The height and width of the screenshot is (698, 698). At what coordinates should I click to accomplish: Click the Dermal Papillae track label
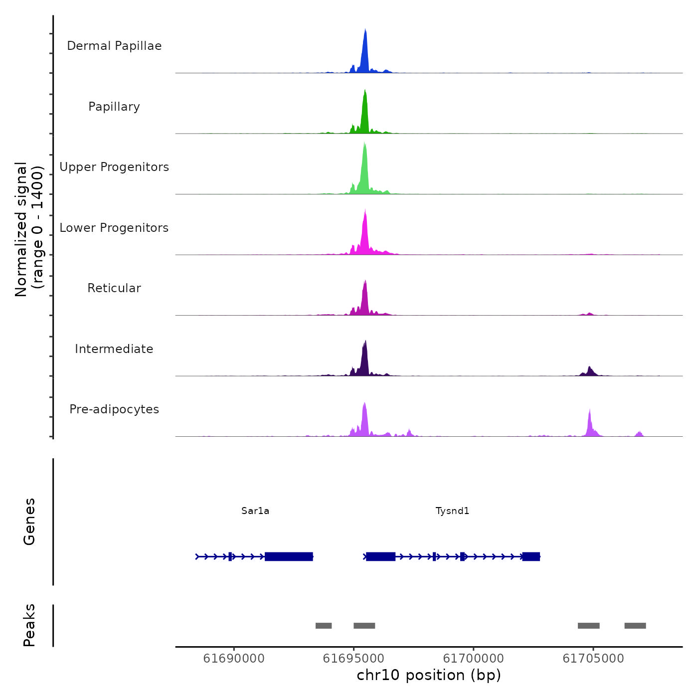point(114,46)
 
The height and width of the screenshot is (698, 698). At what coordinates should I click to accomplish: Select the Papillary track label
point(114,107)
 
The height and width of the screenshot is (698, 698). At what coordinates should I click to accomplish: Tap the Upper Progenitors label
point(114,167)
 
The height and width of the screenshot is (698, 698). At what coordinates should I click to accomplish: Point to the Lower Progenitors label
point(114,228)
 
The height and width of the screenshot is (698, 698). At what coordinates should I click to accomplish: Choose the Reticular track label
point(114,288)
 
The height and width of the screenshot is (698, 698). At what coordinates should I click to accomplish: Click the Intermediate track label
point(114,349)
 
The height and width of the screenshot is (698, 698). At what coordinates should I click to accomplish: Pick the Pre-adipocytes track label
point(114,409)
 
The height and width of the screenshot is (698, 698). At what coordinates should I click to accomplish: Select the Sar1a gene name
point(255,511)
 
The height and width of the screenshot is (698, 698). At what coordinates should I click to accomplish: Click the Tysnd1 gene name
point(452,511)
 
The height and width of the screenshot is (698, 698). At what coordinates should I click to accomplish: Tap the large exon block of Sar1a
point(289,556)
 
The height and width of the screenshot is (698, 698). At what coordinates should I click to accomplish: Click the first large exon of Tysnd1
point(380,556)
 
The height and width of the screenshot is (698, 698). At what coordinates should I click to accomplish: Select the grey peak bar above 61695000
point(364,626)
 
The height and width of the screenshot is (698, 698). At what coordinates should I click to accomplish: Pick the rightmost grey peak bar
point(635,626)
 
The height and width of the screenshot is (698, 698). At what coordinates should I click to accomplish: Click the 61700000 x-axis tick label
point(473,659)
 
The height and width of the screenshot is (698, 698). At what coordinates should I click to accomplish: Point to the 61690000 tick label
point(234,659)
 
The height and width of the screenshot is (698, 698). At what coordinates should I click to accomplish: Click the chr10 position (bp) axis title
point(429,676)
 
